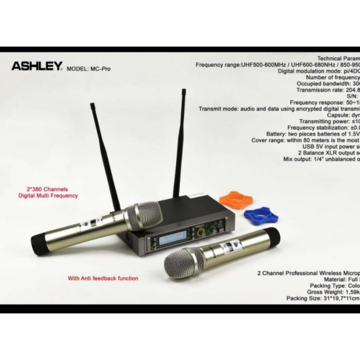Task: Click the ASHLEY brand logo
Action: pyautogui.click(x=36, y=66)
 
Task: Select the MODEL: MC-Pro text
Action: pyautogui.click(x=88, y=69)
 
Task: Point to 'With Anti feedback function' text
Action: pyautogui.click(x=103, y=278)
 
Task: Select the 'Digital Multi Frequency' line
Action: pyautogui.click(x=48, y=196)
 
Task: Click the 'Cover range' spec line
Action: pyautogui.click(x=306, y=140)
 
